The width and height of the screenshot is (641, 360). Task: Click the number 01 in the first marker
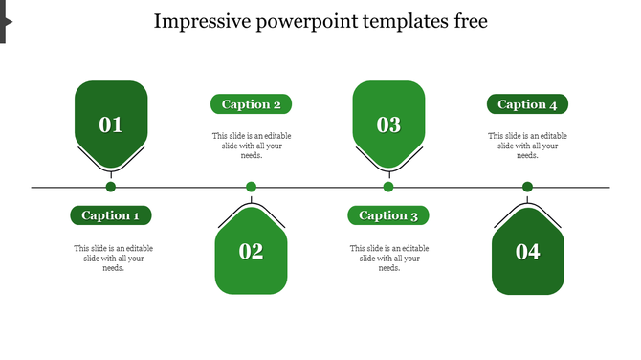click(111, 124)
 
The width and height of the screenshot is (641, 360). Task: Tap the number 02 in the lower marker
click(251, 252)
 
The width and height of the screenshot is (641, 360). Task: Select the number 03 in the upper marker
click(388, 124)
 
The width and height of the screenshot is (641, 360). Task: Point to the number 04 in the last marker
click(527, 252)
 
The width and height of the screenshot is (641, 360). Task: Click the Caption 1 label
click(111, 215)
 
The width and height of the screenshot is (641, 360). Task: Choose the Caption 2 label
click(251, 104)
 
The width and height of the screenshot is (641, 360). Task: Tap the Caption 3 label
click(388, 215)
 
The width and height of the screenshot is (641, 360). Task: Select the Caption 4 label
click(527, 104)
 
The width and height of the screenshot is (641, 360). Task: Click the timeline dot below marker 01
click(111, 187)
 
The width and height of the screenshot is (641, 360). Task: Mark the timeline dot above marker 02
click(251, 187)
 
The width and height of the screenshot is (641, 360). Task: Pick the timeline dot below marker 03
click(388, 187)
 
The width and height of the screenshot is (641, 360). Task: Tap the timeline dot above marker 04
click(527, 187)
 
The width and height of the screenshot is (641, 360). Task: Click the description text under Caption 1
click(113, 258)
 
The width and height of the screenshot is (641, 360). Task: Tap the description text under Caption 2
click(252, 146)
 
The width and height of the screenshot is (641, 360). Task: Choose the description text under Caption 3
click(388, 258)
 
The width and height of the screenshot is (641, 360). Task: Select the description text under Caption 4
click(527, 146)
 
